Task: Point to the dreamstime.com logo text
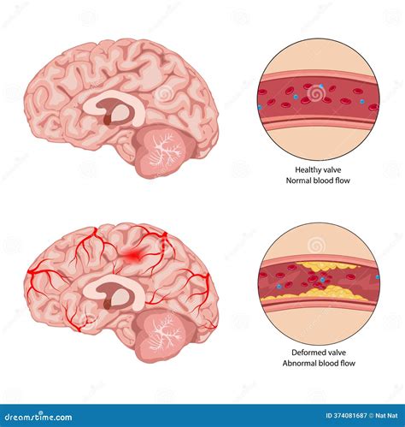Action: click(38, 418)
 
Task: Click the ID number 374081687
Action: click(346, 416)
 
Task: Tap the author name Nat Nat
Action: click(386, 416)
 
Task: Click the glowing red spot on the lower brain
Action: click(132, 255)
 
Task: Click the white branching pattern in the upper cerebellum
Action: click(165, 151)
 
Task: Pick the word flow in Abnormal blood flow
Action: click(347, 364)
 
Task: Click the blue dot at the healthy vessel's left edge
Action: click(260, 108)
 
